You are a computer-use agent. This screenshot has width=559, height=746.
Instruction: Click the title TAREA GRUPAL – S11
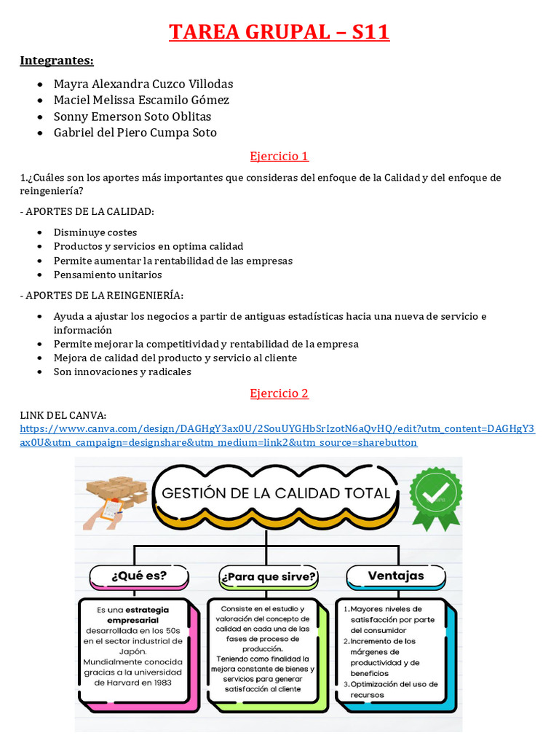pyautogui.click(x=279, y=33)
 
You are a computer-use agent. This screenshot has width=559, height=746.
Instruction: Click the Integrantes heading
pyautogui.click(x=57, y=60)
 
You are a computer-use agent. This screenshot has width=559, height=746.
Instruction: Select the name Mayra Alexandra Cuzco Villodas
pyautogui.click(x=143, y=84)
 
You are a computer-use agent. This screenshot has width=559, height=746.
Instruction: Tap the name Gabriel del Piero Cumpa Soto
pyautogui.click(x=135, y=133)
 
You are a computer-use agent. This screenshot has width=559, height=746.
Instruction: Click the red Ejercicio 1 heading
pyautogui.click(x=279, y=156)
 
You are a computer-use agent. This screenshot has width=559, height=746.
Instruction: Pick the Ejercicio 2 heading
pyautogui.click(x=279, y=393)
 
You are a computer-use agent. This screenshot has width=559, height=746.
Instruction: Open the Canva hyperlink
pyautogui.click(x=277, y=436)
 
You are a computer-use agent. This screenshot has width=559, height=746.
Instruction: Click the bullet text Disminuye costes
pyautogui.click(x=95, y=232)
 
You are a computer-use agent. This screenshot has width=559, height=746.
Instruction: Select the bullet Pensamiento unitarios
pyautogui.click(x=108, y=275)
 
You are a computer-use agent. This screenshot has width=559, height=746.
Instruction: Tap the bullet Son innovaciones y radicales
pyautogui.click(x=122, y=372)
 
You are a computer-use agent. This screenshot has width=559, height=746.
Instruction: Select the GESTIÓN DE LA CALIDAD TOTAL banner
pyautogui.click(x=275, y=493)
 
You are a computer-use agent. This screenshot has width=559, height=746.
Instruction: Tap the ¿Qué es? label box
pyautogui.click(x=138, y=576)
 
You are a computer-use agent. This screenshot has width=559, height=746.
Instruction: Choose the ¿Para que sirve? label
pyautogui.click(x=268, y=577)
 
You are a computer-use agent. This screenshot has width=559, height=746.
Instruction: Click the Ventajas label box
pyautogui.click(x=395, y=576)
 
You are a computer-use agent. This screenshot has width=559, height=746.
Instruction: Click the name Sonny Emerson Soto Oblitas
pyautogui.click(x=132, y=117)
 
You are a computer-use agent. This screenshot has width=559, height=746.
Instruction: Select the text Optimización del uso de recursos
pyautogui.click(x=393, y=689)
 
